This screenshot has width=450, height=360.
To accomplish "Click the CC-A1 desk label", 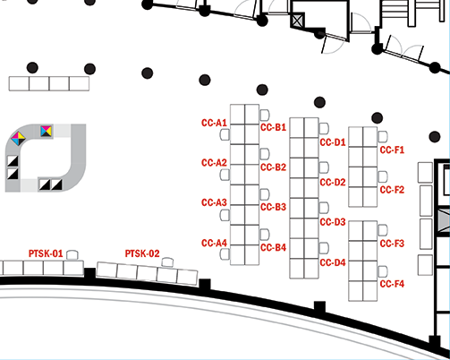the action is (214, 123).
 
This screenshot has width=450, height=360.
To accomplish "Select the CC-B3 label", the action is (273, 207).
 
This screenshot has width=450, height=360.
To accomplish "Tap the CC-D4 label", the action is (333, 262).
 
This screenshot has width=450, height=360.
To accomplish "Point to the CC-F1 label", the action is (392, 150).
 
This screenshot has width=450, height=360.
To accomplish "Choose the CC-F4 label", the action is (392, 284).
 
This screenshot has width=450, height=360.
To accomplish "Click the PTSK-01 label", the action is (46, 253).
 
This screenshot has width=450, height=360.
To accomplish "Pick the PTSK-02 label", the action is (142, 253).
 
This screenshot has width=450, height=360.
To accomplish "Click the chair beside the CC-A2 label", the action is (225, 175).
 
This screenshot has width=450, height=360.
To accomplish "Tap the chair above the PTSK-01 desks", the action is (72, 255).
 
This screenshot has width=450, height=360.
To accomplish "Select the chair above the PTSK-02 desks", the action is (167, 262).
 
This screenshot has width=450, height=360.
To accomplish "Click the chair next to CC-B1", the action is (265, 115).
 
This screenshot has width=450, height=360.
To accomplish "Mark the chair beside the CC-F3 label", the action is (383, 230).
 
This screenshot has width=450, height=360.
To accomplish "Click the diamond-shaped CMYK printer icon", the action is (18, 138).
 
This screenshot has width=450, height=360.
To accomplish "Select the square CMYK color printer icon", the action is (47, 131).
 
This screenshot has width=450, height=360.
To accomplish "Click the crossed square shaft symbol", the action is (297, 20).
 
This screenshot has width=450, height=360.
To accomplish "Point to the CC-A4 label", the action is (214, 244).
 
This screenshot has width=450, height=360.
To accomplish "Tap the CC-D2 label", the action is (333, 183).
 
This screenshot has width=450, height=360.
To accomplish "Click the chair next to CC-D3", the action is (324, 208).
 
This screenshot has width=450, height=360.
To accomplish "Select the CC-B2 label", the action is (273, 167).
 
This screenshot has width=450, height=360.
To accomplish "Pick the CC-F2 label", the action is (392, 190).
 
